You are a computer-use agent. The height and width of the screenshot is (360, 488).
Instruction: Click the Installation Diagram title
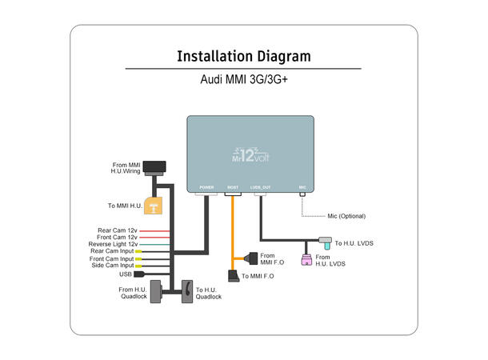pyautogui.click(x=243, y=57)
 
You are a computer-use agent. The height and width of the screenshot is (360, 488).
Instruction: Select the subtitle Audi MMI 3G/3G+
pyautogui.click(x=243, y=81)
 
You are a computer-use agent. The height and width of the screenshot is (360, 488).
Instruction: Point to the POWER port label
pyautogui.click(x=206, y=187)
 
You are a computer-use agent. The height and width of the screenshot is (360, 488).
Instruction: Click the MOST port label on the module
pyautogui.click(x=233, y=187)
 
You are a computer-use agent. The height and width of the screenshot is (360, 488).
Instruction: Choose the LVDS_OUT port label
pyautogui.click(x=261, y=187)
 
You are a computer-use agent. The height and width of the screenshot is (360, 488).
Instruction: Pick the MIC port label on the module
pyautogui.click(x=302, y=187)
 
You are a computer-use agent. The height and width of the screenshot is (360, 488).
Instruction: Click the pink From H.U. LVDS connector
pyautogui.click(x=306, y=259)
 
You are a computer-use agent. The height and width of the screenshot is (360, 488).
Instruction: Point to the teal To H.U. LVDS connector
pyautogui.click(x=325, y=241)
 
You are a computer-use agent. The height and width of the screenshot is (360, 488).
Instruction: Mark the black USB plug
pyautogui.click(x=139, y=274)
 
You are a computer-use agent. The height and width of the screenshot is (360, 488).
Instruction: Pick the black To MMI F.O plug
pyautogui.click(x=234, y=276)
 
